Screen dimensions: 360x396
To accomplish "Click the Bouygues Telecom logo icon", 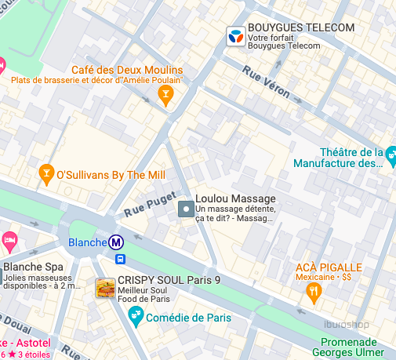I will click(x=234, y=35).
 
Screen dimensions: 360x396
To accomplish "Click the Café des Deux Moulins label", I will click(x=127, y=70).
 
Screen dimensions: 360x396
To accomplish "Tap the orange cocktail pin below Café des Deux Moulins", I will click(x=165, y=96).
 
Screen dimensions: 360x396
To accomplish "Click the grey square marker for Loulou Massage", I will click(x=186, y=209).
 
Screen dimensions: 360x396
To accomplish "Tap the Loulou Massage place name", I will click(x=235, y=199).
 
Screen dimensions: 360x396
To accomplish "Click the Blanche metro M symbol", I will click(x=116, y=242).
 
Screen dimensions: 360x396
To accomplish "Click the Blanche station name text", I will click(x=87, y=242).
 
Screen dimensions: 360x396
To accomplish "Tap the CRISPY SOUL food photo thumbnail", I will click(x=104, y=288).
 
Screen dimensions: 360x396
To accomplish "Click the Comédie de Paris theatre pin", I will click(x=136, y=316).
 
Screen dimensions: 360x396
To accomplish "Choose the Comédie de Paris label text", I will click(x=187, y=317).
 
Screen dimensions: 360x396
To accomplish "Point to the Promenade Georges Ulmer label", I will click(x=358, y=347).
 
